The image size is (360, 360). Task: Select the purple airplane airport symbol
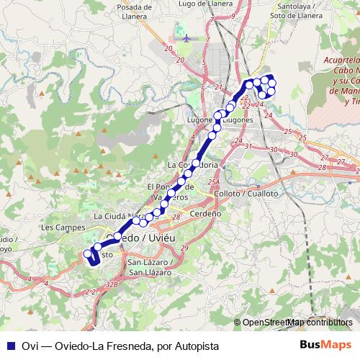tap(187, 37)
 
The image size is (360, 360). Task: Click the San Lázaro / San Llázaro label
tap(149, 267)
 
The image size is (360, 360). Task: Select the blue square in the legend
tap(11, 346)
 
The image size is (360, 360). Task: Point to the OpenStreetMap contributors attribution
tap(295, 323)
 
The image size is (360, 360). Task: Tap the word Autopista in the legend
tap(194, 346)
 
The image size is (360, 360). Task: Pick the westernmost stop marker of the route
tap(87, 253)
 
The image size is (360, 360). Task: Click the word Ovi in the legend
tap(29, 346)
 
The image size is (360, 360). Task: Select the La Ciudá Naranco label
tap(117, 216)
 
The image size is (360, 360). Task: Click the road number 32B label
tap(112, 285)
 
